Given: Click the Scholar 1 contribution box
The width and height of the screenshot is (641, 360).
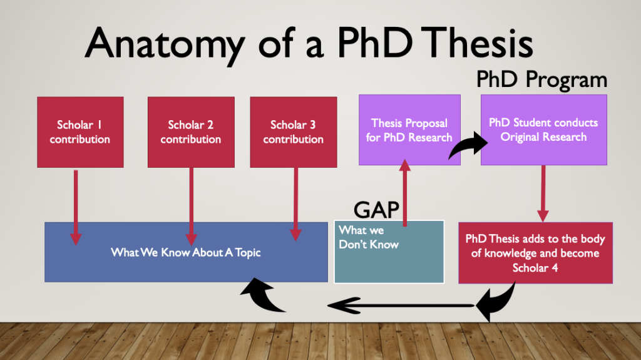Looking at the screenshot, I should tap(80, 132).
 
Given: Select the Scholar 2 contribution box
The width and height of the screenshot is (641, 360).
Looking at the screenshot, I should tap(191, 132).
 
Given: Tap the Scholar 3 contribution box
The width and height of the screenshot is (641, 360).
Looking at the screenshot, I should tap(293, 132).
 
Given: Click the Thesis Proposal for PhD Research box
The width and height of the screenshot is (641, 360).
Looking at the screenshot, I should tap(409, 130).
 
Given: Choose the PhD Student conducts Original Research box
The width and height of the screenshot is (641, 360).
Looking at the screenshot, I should tap(543, 130).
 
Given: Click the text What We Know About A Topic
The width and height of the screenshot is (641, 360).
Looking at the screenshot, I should tap(186, 252).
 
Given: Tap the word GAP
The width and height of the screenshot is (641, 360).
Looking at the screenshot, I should tap(376, 209).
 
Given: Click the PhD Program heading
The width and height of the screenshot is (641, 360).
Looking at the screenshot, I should tap(541, 80).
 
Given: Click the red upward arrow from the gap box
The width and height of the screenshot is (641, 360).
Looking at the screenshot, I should tap(405, 191).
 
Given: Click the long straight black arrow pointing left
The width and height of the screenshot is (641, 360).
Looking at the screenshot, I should tap(401, 306).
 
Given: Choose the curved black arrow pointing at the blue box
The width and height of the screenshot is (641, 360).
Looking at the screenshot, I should tap(264, 297).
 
